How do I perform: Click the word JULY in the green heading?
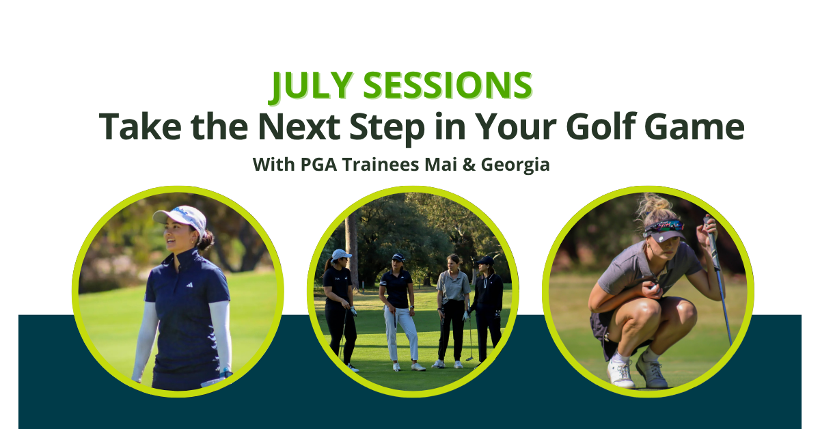coord(312,85)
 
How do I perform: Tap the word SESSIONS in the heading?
coord(448,85)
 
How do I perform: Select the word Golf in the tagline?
coord(601,126)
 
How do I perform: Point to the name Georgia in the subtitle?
coord(515,165)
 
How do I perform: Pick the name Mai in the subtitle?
coord(441,165)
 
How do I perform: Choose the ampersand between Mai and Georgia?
coord(469,165)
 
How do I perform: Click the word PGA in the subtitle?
coord(318,165)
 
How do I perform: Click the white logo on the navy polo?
coord(189,284)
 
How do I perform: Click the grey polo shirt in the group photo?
coord(453,285)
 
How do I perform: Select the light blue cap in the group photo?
coord(341,254)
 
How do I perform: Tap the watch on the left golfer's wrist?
coord(226,372)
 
